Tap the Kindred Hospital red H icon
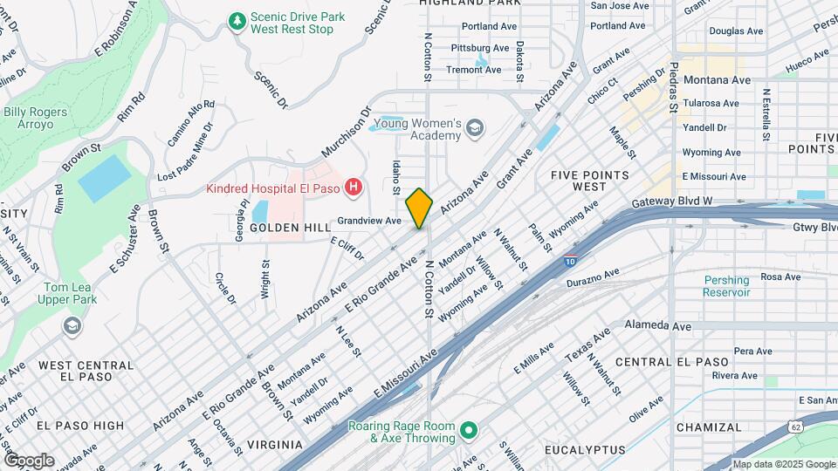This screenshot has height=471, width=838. pos(353,187)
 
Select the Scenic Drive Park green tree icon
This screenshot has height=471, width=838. pos(236,20)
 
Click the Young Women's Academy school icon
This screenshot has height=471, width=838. pos(474,130)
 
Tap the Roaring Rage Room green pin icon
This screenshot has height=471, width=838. pos(469,430)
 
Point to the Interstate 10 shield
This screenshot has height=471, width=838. pos(569,260)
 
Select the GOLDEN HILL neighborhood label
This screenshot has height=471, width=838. pos(288,227)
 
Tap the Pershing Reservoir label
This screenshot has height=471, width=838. pos(726,286)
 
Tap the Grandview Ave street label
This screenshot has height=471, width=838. pos(369,221)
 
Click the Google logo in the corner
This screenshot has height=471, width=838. pos(29,460)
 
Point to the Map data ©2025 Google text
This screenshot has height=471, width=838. pos(783,464)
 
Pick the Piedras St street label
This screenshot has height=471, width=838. pos(673,87)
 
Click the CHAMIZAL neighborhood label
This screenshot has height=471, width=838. pos(708,427)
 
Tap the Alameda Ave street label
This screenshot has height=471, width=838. pos(657,325)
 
